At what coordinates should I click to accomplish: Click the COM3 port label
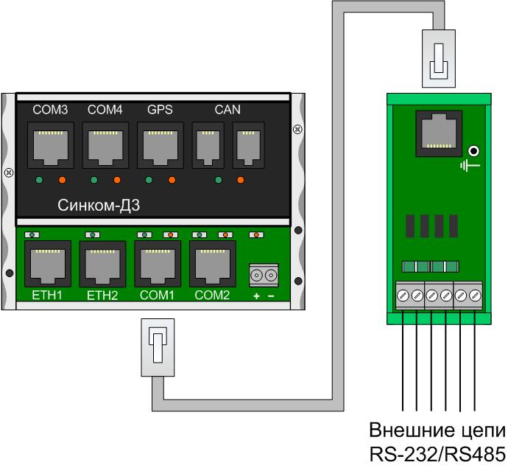50,110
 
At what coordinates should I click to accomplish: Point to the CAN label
227,110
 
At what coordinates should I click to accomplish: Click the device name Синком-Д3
94,203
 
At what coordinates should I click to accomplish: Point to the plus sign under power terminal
256,296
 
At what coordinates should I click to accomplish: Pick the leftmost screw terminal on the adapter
403,296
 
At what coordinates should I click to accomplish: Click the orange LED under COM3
63,181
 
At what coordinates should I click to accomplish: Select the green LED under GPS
148,181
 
